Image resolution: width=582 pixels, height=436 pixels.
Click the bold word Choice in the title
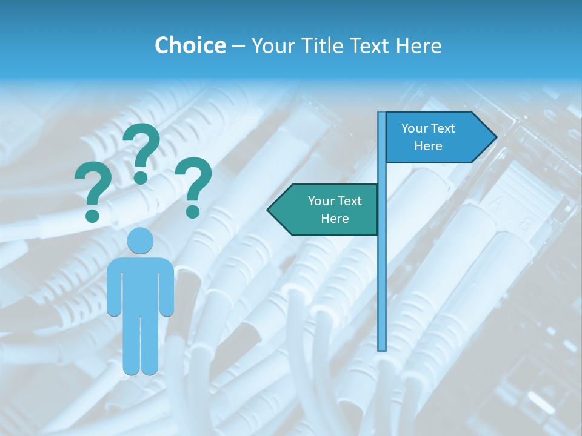[190, 45]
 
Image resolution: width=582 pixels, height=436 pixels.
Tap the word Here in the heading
[418, 45]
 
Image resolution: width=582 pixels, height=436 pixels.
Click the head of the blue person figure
[140, 241]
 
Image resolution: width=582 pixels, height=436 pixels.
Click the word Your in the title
[272, 45]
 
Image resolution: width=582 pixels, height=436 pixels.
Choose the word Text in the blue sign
[443, 128]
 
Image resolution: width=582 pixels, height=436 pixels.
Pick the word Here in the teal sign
[335, 219]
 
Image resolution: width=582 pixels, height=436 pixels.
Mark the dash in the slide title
[238, 46]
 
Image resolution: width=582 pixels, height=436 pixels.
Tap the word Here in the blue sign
[428, 146]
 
